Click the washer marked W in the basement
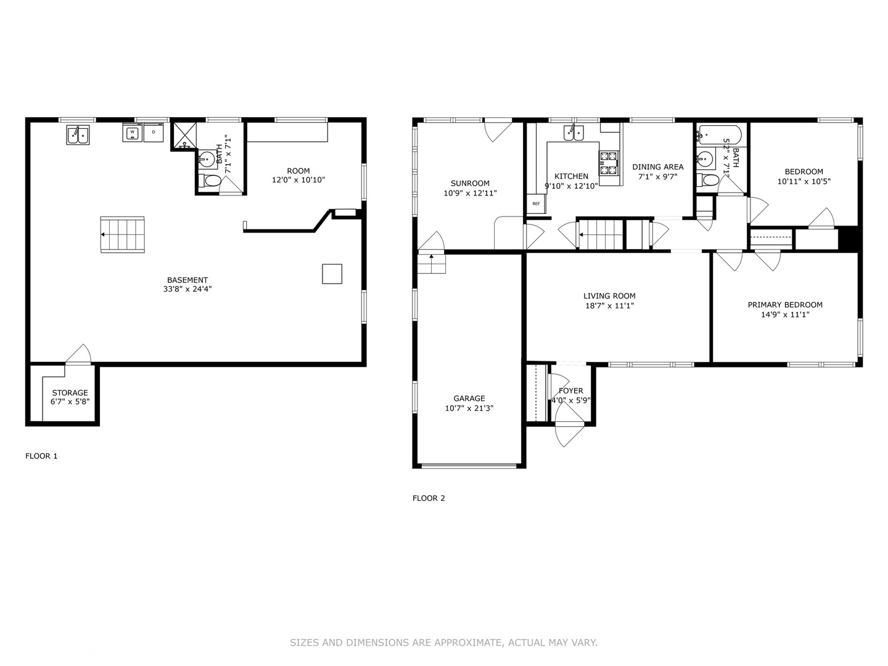click(x=133, y=133)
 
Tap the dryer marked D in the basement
click(x=154, y=133)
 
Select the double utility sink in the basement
click(x=78, y=135)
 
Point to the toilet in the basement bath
click(x=210, y=181)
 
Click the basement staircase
click(x=123, y=234)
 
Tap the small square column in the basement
click(x=332, y=274)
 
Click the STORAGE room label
click(x=70, y=393)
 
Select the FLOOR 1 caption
click(x=41, y=456)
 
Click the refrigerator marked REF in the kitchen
click(x=535, y=204)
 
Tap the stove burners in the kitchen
click(x=609, y=163)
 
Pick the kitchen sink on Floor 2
click(x=573, y=133)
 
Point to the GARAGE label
click(x=469, y=398)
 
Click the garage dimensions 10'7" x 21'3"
click(x=469, y=408)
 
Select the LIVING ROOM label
click(x=609, y=296)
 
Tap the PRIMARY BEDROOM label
click(x=785, y=305)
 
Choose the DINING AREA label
click(x=657, y=166)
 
